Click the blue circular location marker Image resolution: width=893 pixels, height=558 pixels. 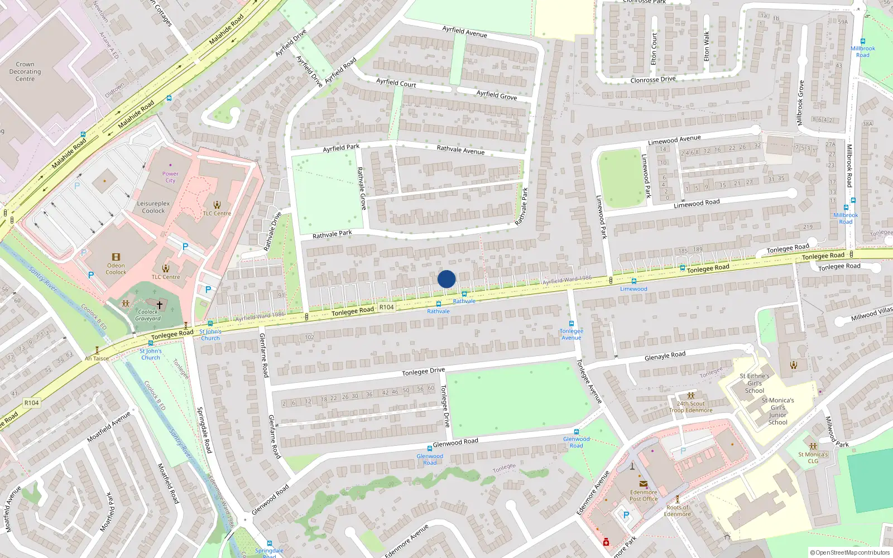tap(446, 279)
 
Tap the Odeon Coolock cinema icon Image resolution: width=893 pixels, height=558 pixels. tap(116, 257)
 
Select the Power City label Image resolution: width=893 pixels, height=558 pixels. tap(170, 177)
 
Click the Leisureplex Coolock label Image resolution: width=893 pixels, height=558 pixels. tap(153, 207)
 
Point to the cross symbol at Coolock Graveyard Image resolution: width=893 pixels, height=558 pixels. tap(160, 305)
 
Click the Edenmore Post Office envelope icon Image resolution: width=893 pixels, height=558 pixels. tap(644, 484)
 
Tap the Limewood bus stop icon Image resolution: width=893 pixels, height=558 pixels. tap(633, 282)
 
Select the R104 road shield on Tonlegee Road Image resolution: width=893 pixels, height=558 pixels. tap(386, 307)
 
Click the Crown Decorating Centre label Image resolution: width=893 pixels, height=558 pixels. tap(25, 71)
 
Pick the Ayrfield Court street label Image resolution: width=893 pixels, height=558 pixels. tap(396, 83)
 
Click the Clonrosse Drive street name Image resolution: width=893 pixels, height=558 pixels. tap(652, 80)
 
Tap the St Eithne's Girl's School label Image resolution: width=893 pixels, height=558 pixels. tap(755, 383)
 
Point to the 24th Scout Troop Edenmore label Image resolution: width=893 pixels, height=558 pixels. tap(691, 407)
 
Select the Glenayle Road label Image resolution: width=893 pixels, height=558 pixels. tap(665, 355)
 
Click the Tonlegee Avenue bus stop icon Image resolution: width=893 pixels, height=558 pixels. tap(572, 324)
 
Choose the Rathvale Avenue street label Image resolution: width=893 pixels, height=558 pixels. tap(460, 150)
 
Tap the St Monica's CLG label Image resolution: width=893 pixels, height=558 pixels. tap(813, 458)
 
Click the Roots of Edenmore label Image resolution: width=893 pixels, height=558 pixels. tap(678, 511)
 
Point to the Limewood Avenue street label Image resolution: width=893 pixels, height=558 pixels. tap(674, 139)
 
